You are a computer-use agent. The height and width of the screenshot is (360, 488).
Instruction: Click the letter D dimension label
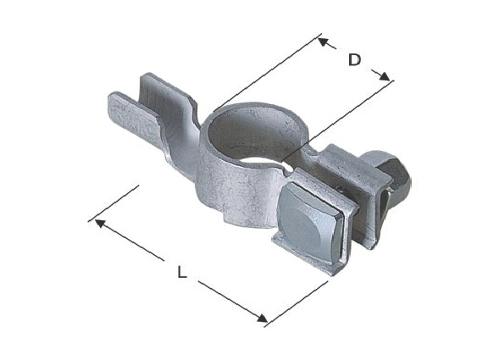tap(354, 60)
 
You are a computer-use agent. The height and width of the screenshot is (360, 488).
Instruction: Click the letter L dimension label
tap(182, 272)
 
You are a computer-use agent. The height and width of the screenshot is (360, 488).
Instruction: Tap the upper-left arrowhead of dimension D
tap(323, 42)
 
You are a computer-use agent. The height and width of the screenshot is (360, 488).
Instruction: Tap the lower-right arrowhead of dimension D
tap(385, 76)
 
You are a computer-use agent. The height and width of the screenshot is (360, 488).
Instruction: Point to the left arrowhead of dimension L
tap(99, 223)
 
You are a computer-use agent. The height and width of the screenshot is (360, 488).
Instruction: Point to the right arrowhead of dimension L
tap(262, 318)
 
